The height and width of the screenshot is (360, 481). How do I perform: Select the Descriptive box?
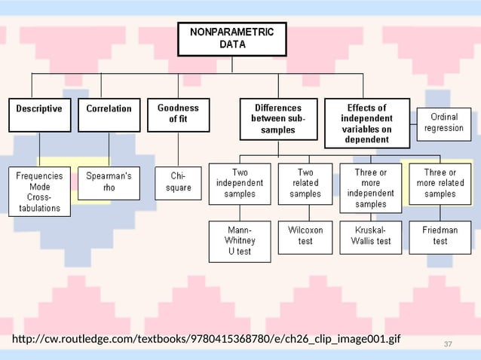(40, 114)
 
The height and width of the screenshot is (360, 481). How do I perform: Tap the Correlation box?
(109, 114)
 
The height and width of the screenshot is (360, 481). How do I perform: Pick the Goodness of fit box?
(178, 114)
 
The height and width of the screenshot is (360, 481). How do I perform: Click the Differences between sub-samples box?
(277, 119)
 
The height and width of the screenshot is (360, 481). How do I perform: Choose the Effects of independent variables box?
(366, 124)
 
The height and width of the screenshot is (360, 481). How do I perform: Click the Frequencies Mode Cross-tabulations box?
(40, 191)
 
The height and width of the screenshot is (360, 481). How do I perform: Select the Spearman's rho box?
(109, 183)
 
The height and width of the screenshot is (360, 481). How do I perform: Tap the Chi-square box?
(178, 183)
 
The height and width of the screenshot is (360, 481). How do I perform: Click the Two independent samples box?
(240, 183)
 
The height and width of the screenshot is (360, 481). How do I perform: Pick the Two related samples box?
(305, 183)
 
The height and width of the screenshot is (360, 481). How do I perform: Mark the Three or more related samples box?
(440, 183)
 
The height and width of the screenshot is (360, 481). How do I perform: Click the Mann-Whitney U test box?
(240, 241)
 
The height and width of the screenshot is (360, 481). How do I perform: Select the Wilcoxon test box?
(305, 236)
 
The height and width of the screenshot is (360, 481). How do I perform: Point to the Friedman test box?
(440, 236)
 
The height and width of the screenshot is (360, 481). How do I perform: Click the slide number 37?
(448, 344)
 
